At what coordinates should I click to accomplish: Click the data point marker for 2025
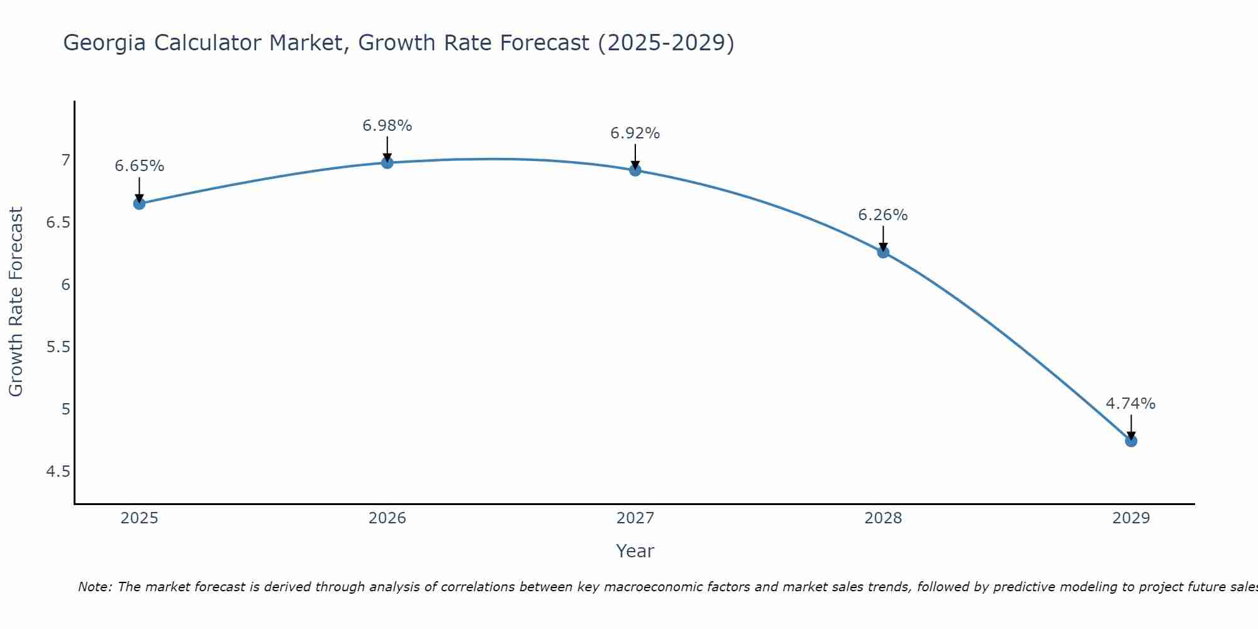coord(140,204)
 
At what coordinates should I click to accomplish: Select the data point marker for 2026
coord(387,163)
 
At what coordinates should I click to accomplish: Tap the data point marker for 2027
coord(635,170)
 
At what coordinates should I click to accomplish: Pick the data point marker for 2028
coord(883,252)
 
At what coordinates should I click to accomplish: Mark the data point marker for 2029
coord(1131,441)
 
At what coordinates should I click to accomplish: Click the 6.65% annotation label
coord(140,166)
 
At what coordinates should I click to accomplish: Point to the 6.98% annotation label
coord(387,126)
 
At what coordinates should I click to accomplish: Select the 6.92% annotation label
coord(635,133)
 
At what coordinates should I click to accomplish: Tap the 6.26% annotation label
coord(883,215)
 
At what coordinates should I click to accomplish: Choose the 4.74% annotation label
coord(1131,404)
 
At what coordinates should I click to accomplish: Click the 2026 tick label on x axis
coord(387,518)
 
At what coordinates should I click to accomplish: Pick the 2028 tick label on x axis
coord(883,518)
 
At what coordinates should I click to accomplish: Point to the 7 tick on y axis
coord(65,160)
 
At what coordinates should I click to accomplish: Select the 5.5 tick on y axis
coord(58,347)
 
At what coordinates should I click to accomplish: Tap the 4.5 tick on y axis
coord(58,472)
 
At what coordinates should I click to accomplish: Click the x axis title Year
coord(635,551)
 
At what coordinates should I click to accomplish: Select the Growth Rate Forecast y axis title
coord(16,302)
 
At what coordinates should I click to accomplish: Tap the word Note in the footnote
coord(94,587)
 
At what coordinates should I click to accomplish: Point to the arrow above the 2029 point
coord(1131,426)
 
